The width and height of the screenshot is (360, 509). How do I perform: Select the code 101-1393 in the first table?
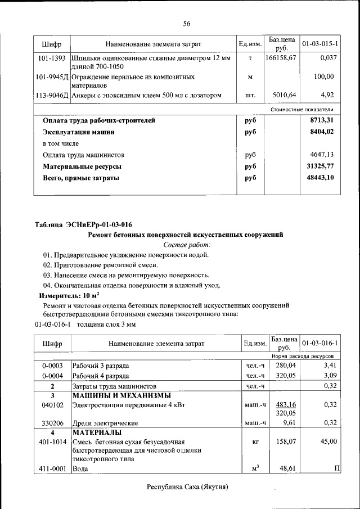tap(52, 58)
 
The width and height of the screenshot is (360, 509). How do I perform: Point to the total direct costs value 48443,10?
tap(320, 178)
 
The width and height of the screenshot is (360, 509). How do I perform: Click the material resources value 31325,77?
tap(320, 166)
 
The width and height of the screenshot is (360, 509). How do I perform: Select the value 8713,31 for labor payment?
tap(321, 120)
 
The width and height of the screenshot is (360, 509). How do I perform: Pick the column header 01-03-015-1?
tap(319, 43)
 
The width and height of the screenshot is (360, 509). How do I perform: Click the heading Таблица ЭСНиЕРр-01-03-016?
tap(83, 224)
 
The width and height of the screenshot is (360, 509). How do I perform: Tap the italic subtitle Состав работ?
tap(186, 245)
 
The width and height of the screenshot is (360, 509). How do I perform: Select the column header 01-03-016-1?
tap(319, 343)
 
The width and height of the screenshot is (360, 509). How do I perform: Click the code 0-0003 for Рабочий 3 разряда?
tap(52, 365)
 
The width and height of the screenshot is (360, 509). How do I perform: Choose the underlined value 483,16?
tap(285, 404)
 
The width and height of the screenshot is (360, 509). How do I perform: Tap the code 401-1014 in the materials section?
tap(52, 442)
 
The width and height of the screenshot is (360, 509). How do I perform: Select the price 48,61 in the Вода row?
tap(287, 468)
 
